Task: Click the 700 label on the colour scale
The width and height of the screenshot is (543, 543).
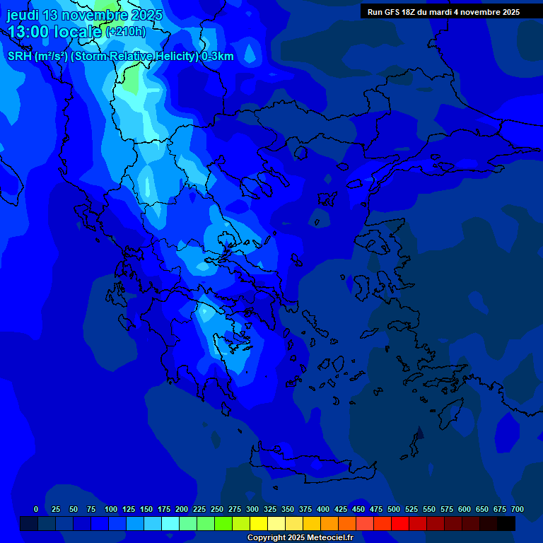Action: click(518, 509)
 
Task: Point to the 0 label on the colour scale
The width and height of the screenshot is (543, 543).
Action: click(36, 509)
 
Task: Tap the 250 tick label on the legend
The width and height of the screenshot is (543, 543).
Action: click(217, 509)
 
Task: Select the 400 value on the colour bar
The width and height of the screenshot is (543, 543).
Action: click(323, 509)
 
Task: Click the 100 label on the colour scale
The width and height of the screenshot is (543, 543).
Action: click(111, 509)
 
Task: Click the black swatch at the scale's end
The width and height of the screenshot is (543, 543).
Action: click(506, 523)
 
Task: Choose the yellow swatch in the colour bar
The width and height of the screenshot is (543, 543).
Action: click(259, 523)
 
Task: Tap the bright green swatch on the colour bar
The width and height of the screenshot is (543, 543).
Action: click(223, 523)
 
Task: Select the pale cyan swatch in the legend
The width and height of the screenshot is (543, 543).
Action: click(170, 523)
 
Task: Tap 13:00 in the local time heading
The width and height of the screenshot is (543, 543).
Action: click(29, 32)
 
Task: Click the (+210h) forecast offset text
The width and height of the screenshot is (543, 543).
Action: click(125, 32)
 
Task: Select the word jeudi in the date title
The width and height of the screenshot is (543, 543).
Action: click(23, 15)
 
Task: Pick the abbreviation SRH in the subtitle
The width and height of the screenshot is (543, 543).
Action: click(19, 57)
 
